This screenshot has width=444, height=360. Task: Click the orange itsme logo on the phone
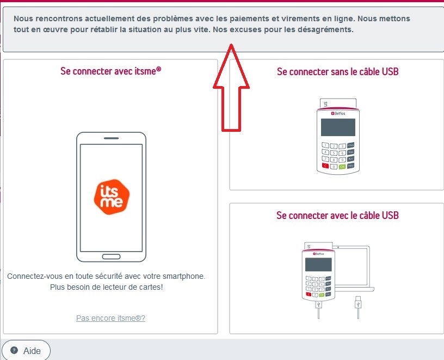112,197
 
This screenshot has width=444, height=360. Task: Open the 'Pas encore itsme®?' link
110,318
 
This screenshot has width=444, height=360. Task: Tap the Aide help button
26,351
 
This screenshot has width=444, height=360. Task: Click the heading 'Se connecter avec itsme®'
110,71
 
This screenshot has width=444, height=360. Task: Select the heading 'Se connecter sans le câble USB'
337,71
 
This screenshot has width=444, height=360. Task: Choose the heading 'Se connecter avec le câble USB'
337,215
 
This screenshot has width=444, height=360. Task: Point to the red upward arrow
231,88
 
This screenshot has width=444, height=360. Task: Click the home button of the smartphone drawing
112,257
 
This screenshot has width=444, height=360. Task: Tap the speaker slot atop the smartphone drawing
112,138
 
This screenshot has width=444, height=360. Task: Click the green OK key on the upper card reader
342,167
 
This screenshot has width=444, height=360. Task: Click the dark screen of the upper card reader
338,127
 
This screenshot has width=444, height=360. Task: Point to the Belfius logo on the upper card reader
338,113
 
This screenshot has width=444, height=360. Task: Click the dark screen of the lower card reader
318,265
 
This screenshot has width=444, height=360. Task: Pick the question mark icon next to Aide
14,350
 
